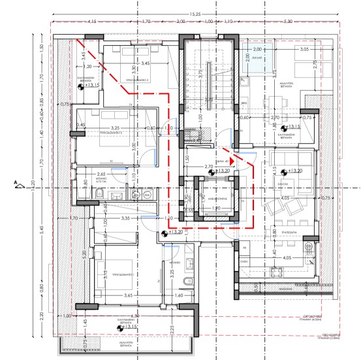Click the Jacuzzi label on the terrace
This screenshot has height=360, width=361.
tap(256, 57)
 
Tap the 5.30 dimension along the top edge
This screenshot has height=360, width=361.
tap(307, 22)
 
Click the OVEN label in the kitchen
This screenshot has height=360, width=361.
tap(244, 261)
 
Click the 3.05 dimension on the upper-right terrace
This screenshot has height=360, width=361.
tap(303, 50)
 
